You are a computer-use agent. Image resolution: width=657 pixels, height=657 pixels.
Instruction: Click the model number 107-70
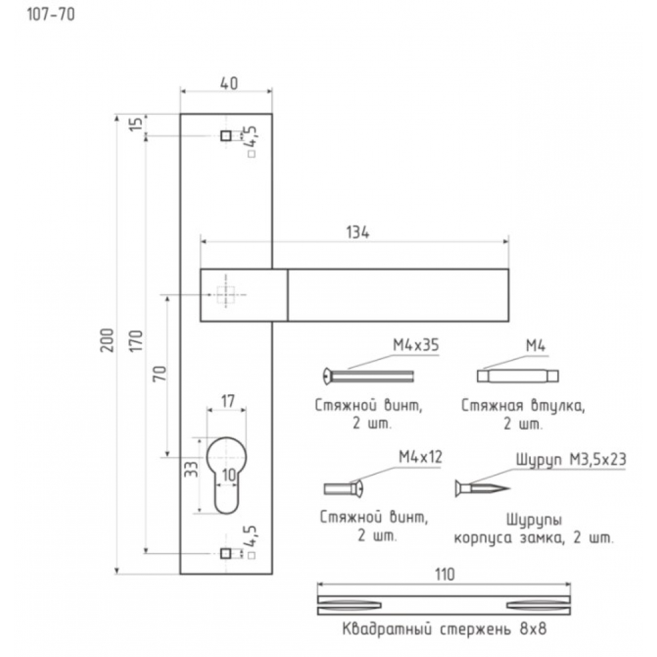tap(51, 14)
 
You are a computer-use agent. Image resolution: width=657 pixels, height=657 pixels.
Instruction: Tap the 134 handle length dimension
tap(358, 232)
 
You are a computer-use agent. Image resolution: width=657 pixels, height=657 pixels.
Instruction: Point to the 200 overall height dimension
tap(108, 340)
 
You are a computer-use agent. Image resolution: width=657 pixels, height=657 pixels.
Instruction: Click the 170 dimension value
tap(137, 341)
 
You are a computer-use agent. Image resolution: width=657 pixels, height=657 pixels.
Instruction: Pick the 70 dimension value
tap(160, 373)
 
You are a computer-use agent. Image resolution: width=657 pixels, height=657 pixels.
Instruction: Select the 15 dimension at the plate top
tap(136, 124)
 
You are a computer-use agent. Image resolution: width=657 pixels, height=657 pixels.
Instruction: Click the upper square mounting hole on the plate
tap(226, 136)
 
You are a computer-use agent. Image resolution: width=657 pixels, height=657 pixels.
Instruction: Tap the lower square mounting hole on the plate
tap(225, 554)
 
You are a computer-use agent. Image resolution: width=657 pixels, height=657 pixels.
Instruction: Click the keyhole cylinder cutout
tap(227, 475)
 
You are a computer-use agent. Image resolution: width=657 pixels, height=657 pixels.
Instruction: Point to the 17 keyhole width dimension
tap(227, 401)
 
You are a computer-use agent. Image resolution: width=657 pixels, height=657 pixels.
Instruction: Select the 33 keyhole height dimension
tap(191, 469)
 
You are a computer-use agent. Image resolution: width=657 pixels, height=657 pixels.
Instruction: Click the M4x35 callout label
tap(416, 346)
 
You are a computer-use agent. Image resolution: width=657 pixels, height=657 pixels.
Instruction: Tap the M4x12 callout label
tap(420, 457)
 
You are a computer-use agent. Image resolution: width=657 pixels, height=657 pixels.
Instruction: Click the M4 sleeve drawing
tap(518, 376)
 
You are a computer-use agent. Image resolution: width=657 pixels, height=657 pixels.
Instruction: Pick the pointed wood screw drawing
tap(482, 488)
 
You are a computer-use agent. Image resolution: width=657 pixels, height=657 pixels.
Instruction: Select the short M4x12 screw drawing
tap(343, 489)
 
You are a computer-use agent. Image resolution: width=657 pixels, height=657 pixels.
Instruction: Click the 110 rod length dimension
tap(445, 574)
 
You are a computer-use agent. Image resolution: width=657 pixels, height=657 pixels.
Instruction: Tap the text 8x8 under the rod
tap(533, 629)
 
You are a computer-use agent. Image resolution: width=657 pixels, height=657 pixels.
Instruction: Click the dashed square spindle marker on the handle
tap(226, 295)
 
